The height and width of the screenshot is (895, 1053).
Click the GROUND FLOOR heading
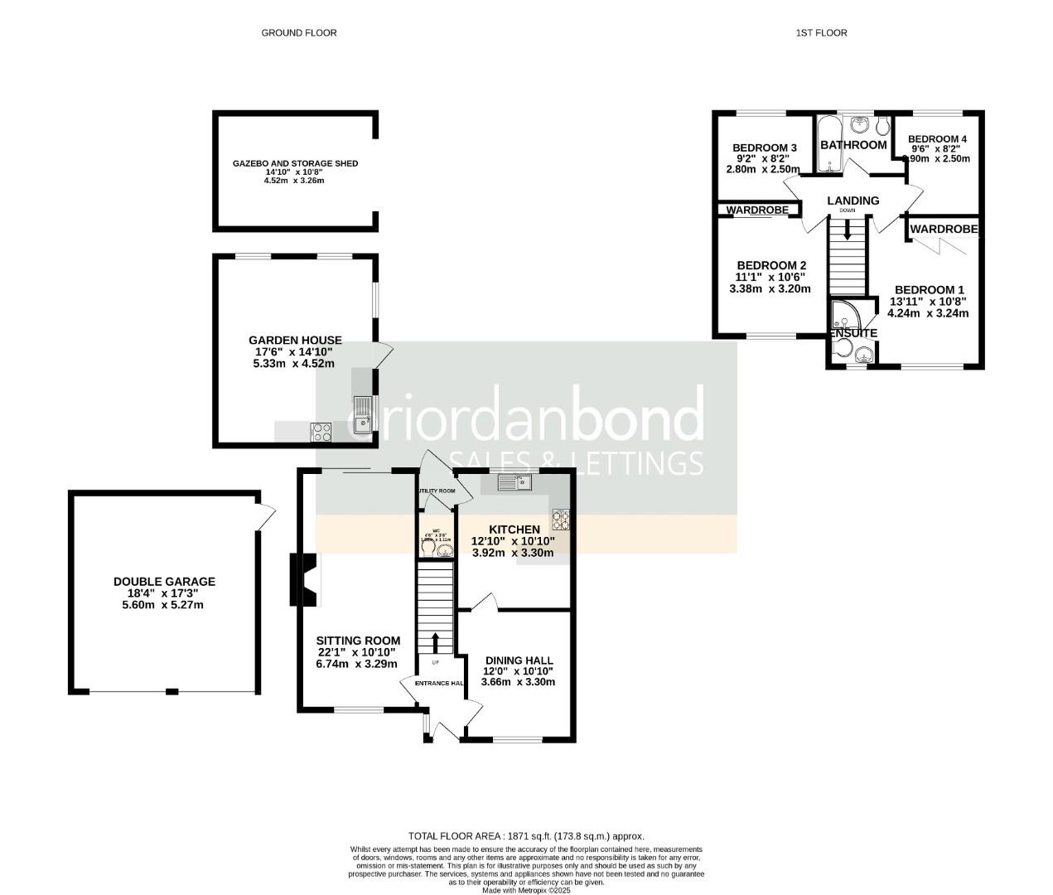click(299, 33)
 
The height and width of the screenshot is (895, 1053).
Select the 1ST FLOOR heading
click(821, 33)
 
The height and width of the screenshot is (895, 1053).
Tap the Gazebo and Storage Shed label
click(295, 163)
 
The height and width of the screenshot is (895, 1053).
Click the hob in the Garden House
click(321, 432)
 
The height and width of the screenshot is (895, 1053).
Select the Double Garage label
click(164, 582)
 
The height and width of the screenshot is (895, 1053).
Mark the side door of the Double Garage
click(266, 516)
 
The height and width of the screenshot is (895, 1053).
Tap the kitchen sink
click(518, 481)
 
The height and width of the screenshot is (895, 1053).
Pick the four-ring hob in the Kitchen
click(561, 519)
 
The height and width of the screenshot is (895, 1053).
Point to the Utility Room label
click(436, 491)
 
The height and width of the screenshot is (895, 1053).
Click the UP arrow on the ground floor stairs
click(436, 641)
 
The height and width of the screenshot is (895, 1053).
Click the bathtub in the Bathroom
click(828, 144)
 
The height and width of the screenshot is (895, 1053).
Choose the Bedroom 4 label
click(937, 139)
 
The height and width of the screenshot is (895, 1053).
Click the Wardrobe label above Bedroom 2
click(757, 210)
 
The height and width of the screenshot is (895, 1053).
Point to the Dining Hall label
click(519, 660)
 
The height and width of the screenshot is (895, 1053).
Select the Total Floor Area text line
click(526, 836)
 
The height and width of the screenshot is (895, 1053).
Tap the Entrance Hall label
click(439, 683)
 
